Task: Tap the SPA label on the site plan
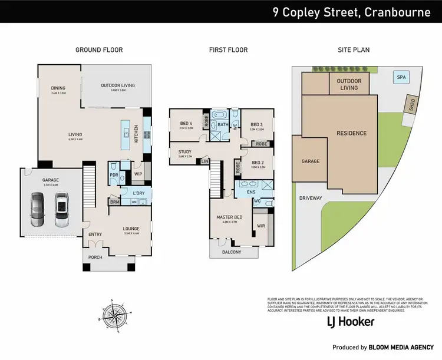point(401,77)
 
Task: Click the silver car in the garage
point(37,211)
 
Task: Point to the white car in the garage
point(61,211)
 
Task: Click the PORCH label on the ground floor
point(95,256)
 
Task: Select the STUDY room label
point(184,152)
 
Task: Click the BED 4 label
point(186,123)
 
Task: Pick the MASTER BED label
point(229,217)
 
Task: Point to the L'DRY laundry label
point(138,193)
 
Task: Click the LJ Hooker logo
point(351,322)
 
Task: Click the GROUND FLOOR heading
point(99,50)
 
